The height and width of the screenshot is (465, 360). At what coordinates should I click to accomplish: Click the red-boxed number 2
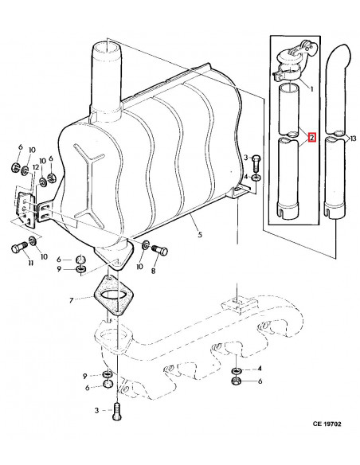pyautogui.click(x=312, y=137)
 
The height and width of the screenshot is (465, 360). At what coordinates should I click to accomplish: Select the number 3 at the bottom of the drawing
pyautogui.click(x=96, y=410)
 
